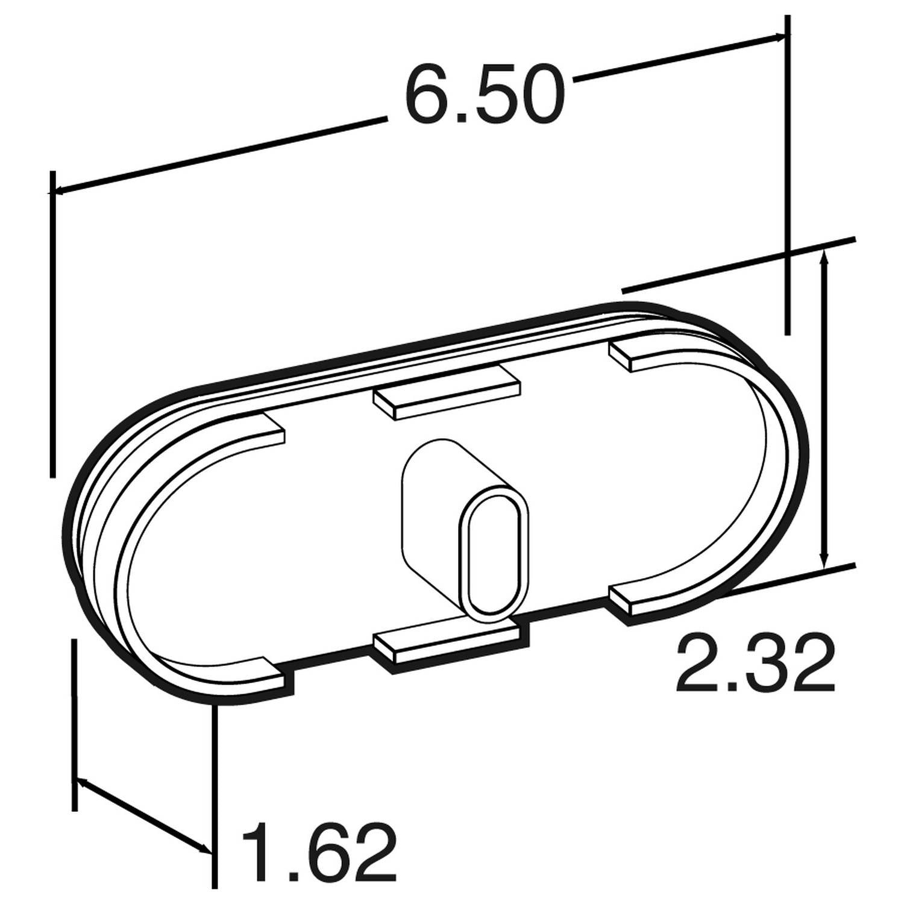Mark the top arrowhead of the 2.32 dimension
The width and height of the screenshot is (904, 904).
coord(825,256)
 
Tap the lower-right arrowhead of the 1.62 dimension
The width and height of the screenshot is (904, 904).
coord(206,850)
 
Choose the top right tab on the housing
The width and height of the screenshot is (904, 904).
coord(639,356)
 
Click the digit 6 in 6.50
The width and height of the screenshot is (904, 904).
coord(428,96)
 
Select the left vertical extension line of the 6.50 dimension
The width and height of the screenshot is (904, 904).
coord(52,325)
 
